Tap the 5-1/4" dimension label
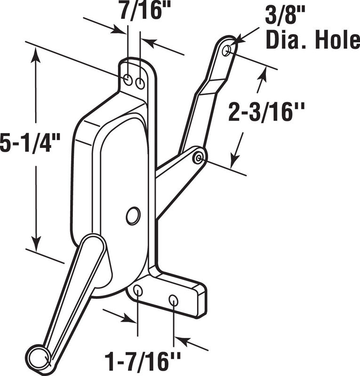pyautogui.click(x=30, y=143)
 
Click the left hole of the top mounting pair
pyautogui.click(x=128, y=80)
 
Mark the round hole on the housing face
pyautogui.click(x=133, y=216)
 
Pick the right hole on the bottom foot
pyautogui.click(x=173, y=300)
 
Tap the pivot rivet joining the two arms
pyautogui.click(x=199, y=158)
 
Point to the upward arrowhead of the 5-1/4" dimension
pyautogui.click(x=36, y=55)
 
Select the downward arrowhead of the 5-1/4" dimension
pyautogui.click(x=36, y=243)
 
